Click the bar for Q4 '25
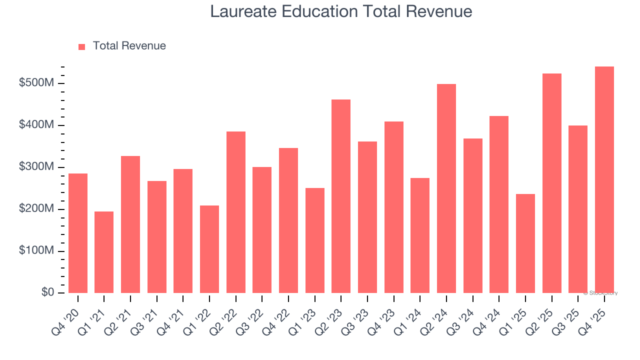tap(604, 180)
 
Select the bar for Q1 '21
tap(104, 252)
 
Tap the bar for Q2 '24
tap(446, 188)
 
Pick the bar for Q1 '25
tap(525, 243)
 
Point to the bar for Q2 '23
tap(341, 196)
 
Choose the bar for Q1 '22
tap(209, 249)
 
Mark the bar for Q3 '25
tap(577, 209)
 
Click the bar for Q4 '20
tap(78, 233)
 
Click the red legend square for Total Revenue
tap(82, 46)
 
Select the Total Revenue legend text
tap(129, 46)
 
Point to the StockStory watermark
tap(600, 293)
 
